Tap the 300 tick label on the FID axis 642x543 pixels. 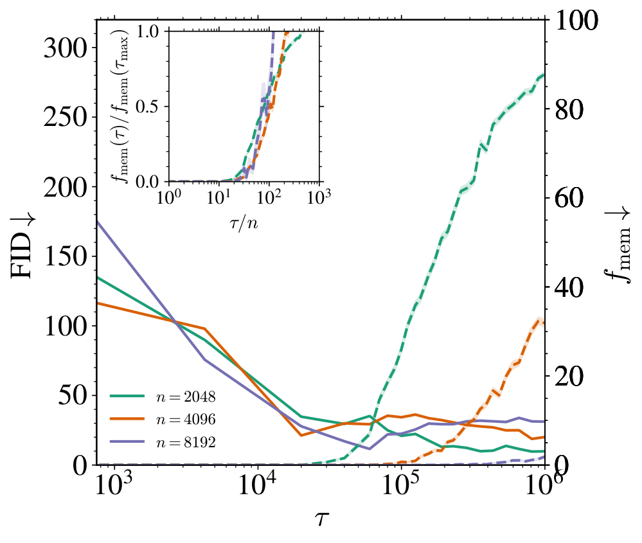click(x=66, y=49)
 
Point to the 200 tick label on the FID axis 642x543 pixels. click(x=66, y=188)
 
